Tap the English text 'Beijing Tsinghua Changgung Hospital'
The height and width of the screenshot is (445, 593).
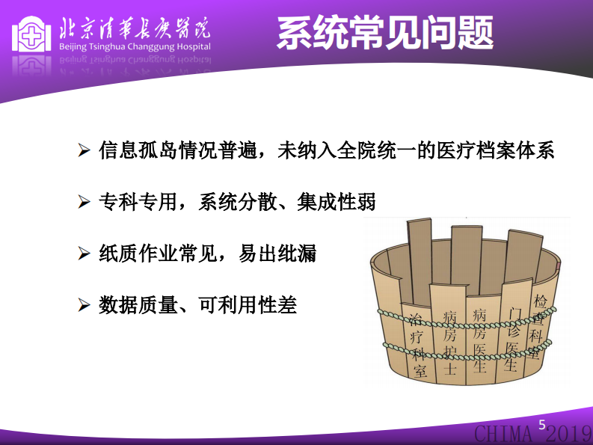click(x=134, y=46)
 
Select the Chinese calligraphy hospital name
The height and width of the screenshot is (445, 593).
click(x=135, y=26)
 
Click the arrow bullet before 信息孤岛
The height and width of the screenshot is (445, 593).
click(x=85, y=150)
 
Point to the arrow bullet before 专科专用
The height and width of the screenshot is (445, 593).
click(x=85, y=202)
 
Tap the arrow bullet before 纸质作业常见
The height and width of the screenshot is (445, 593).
click(x=85, y=254)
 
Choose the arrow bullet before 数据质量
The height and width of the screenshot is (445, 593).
click(x=85, y=305)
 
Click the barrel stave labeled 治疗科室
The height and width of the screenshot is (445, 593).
click(x=418, y=345)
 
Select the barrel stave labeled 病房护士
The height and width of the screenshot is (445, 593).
click(x=449, y=340)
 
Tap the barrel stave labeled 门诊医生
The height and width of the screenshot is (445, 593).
click(x=513, y=336)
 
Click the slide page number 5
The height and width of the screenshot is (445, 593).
click(x=543, y=425)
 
